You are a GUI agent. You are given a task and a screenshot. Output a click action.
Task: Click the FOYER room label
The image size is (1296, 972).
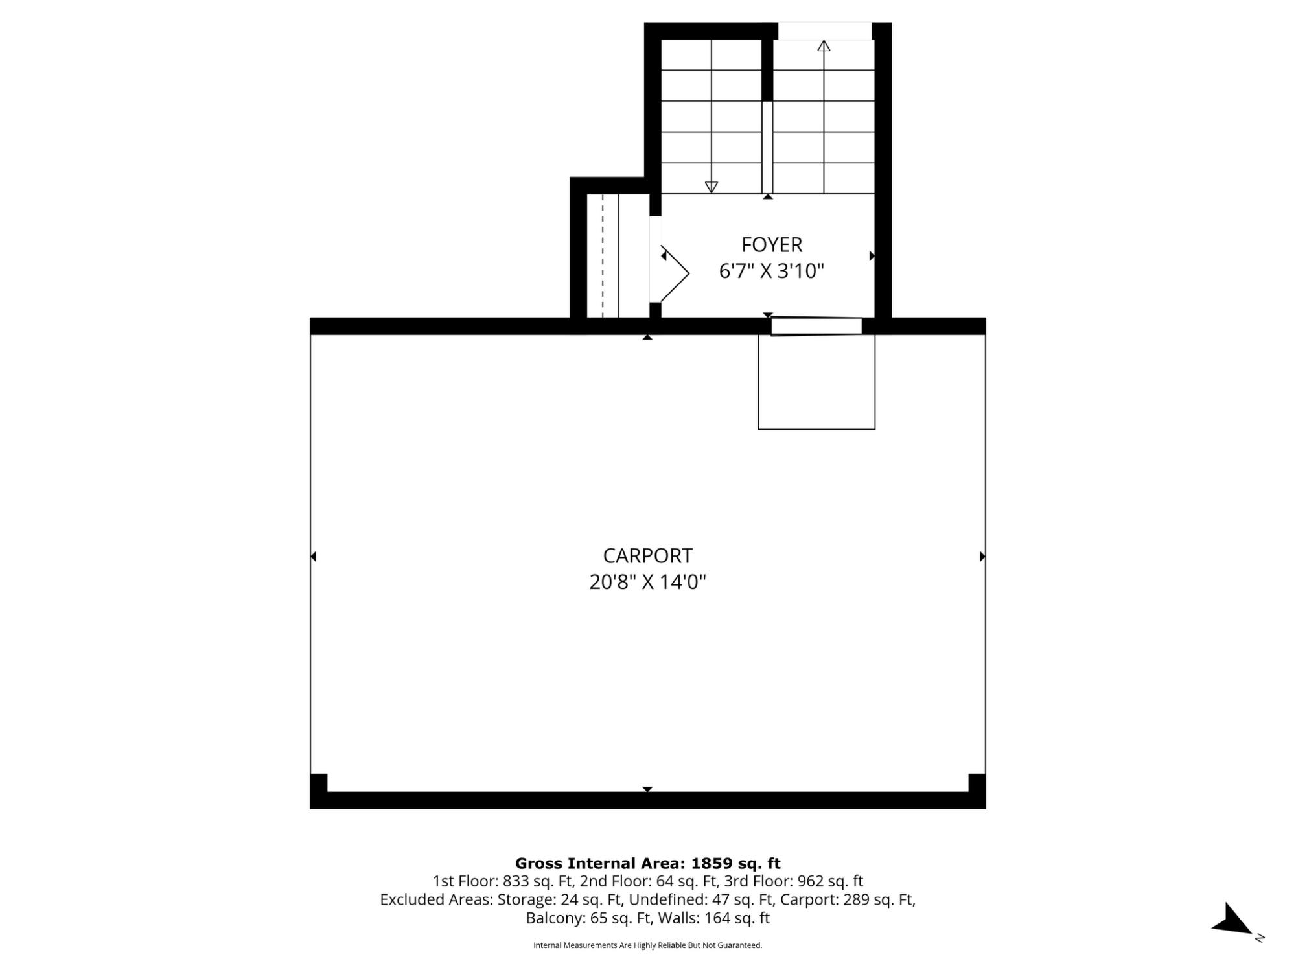tap(772, 245)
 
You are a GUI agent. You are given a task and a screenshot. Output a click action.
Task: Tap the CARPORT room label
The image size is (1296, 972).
tap(648, 556)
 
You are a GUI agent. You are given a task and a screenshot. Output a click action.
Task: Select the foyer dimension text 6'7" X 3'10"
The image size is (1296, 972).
tap(772, 271)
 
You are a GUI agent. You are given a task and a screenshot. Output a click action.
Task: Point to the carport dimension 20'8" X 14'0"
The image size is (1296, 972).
tap(647, 582)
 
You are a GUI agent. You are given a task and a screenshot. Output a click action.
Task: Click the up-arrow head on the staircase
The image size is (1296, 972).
tap(824, 45)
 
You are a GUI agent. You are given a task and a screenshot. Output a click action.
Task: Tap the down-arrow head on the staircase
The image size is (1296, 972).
tap(711, 187)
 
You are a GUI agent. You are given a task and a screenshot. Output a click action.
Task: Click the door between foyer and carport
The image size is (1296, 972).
tap(816, 327)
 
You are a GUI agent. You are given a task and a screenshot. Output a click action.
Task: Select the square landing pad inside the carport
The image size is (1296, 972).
tap(816, 382)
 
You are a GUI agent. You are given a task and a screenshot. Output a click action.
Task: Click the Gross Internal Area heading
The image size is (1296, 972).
tap(648, 863)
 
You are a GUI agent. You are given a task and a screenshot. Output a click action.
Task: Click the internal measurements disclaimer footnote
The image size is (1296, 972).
tap(648, 945)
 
